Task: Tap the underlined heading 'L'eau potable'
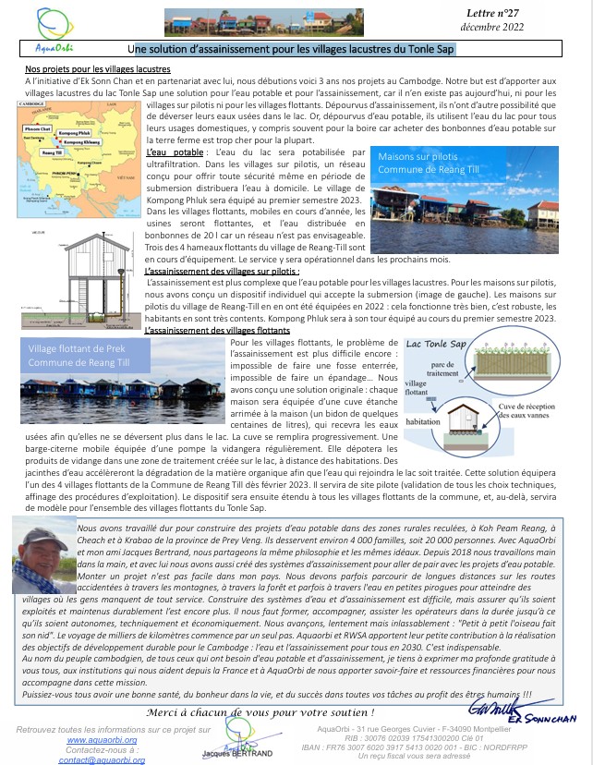[x=175, y=151]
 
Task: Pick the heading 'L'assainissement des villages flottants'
[x=218, y=329]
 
